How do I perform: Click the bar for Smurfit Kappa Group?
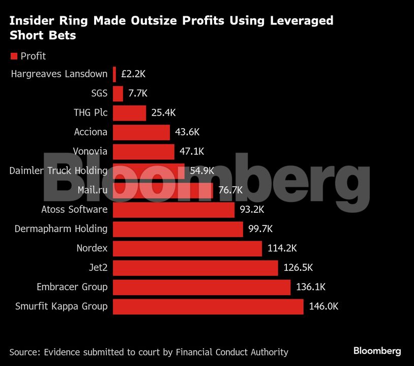pyautogui.click(x=208, y=306)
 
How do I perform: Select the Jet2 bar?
pyautogui.click(x=195, y=268)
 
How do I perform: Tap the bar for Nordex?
pyautogui.click(x=187, y=248)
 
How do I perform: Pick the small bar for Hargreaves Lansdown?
pyautogui.click(x=114, y=74)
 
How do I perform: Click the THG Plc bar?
pyautogui.click(x=129, y=113)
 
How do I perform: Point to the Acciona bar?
pyautogui.click(x=141, y=132)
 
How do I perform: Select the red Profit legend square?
pyautogui.click(x=14, y=56)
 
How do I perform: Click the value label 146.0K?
pyautogui.click(x=323, y=306)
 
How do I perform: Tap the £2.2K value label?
pyautogui.click(x=134, y=74)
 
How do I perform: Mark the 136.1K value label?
pyautogui.click(x=311, y=287)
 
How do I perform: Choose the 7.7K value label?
pyautogui.click(x=138, y=94)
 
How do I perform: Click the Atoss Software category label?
pyautogui.click(x=74, y=209)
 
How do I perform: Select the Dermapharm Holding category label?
pyautogui.click(x=61, y=229)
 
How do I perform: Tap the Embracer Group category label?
pyautogui.click(x=72, y=287)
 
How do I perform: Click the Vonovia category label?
pyautogui.click(x=90, y=151)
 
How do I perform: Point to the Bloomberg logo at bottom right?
pyautogui.click(x=377, y=351)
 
